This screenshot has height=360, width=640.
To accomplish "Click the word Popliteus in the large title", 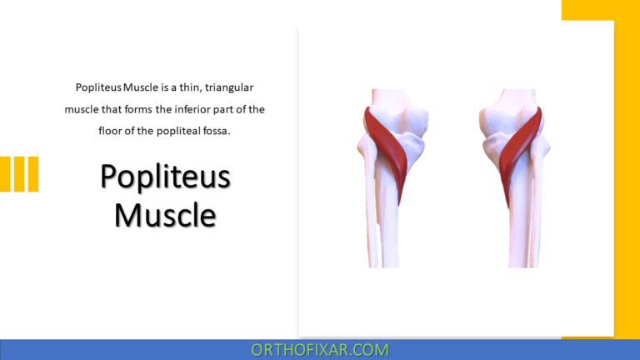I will tap(165, 177).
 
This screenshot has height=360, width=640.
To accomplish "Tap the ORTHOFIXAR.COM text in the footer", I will tap(320, 350).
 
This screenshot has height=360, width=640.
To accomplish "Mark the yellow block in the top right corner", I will tap(600, 10).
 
